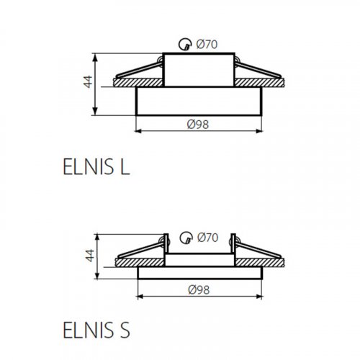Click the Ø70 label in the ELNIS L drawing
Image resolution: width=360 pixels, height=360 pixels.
click(x=207, y=45)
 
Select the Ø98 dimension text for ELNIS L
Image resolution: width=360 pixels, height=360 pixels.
click(x=197, y=124)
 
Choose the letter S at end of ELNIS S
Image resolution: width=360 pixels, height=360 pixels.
click(x=125, y=333)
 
